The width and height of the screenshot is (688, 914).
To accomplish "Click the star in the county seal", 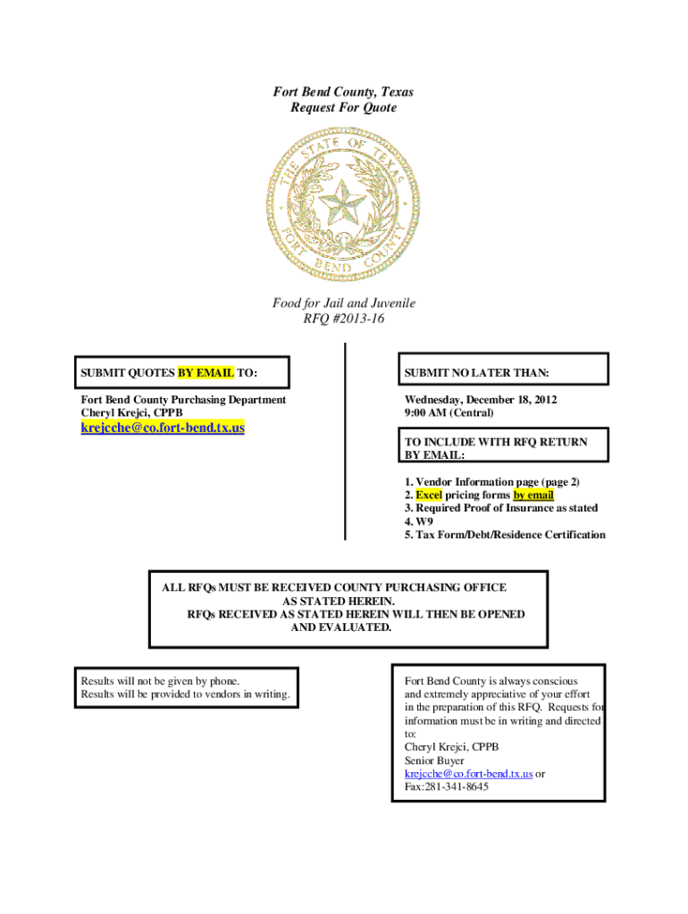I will (x=342, y=206).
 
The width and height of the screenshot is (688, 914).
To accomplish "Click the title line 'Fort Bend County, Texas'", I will (x=343, y=92).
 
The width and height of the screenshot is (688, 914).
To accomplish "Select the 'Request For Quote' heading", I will (x=343, y=108).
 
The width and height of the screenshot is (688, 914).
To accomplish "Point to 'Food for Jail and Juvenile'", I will (x=344, y=303).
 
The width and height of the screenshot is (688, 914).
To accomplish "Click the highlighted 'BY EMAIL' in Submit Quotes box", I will (x=206, y=371).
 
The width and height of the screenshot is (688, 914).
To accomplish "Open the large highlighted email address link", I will (x=163, y=428).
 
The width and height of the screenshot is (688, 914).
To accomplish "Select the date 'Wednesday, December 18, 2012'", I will (x=481, y=400).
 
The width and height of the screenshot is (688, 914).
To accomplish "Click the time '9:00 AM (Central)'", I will (x=449, y=413).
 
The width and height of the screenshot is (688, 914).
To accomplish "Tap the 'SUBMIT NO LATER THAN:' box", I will (x=505, y=371).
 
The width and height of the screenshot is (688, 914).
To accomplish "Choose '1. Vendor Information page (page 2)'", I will (x=491, y=482).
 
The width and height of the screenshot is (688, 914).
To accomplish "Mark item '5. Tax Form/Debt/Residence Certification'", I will (x=505, y=535).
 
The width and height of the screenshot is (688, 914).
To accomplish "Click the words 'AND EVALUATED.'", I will (x=341, y=627).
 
